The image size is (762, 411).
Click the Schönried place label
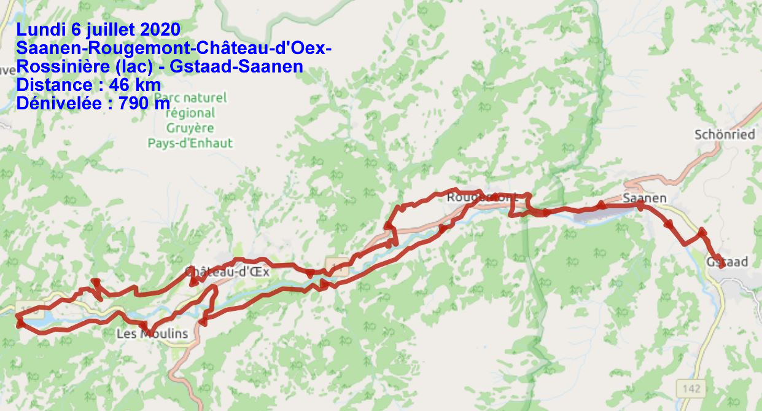725,134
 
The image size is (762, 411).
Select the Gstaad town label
727,262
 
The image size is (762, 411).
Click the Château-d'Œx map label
227,272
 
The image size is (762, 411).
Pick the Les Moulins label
152,334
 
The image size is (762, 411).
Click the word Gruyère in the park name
190,128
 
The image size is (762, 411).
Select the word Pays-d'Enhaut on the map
190,143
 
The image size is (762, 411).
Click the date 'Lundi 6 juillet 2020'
98,29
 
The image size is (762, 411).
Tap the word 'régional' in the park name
190,113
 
